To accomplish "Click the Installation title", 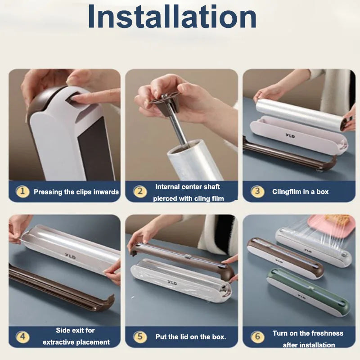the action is pos(172,17).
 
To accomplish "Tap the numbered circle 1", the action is pos(22,191).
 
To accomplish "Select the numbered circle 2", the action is pos(140,191).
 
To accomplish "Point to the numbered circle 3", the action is pos(257,191).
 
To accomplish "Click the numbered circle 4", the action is pos(22,337).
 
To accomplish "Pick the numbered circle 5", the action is pos(140,337).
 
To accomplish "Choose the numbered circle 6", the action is pos(257,337).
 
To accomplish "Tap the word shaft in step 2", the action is pos(211,187).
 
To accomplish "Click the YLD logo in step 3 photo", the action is pos(290,136).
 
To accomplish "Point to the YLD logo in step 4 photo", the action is pos(70,256).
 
